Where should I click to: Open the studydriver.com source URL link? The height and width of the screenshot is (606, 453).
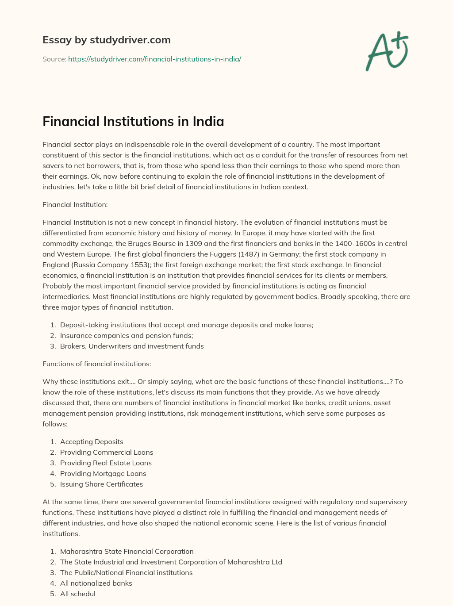coord(154,59)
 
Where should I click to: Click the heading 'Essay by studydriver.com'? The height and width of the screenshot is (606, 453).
coord(106,40)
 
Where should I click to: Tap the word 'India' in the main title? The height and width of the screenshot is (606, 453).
coord(208,121)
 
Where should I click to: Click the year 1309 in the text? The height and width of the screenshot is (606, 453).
coord(193,243)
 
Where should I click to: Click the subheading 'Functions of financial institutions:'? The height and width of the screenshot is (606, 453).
coord(96,364)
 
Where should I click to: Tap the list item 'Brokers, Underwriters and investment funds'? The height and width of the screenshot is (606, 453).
coord(132,346)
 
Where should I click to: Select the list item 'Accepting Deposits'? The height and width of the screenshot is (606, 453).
coord(92,441)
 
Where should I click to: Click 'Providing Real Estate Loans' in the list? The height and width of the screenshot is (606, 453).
coord(106,463)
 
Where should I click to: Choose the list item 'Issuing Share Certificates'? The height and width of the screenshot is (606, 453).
coord(101,484)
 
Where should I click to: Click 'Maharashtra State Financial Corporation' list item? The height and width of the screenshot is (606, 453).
coord(127,551)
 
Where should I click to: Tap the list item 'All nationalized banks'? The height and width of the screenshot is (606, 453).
coord(96,583)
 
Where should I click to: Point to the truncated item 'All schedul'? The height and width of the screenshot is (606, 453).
coord(77,594)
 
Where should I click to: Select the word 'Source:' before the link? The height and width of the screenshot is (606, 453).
coord(54,59)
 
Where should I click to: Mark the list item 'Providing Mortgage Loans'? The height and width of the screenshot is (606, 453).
coord(103,473)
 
